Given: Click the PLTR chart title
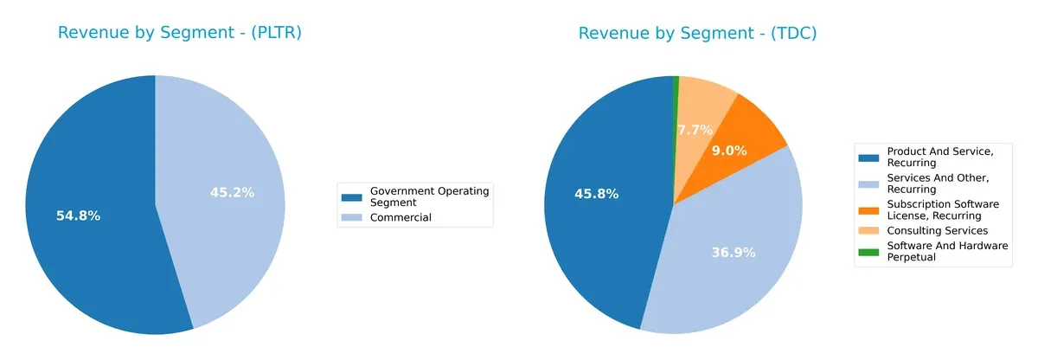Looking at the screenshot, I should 179,33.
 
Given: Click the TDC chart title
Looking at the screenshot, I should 697,33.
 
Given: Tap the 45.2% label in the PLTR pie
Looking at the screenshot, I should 232,192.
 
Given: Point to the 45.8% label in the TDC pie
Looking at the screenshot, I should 596,194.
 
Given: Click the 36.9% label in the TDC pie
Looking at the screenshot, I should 733,253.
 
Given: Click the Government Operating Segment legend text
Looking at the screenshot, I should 429,196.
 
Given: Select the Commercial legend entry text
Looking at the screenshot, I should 400,217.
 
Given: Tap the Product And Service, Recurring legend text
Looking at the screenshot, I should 939,157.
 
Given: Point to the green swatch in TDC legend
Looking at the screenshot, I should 868,251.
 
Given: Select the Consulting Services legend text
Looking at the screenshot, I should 937,230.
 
